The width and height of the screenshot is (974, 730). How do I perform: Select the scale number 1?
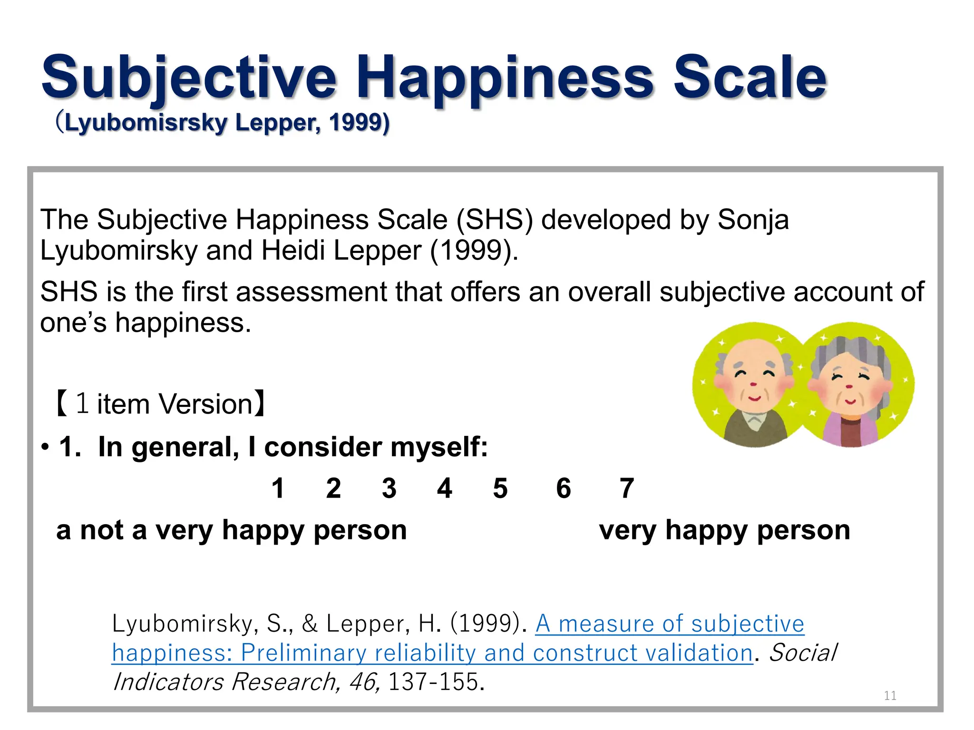(278, 488)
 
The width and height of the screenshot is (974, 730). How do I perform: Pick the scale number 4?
(445, 488)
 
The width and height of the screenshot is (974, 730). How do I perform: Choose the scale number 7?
(627, 488)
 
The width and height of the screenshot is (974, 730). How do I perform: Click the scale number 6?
(564, 488)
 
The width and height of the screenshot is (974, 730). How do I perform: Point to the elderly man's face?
(754, 380)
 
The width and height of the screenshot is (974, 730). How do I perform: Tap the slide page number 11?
(890, 696)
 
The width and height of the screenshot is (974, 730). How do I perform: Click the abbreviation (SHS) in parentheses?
(494, 220)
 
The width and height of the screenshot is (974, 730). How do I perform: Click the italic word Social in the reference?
(802, 653)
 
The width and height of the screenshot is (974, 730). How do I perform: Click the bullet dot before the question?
(45, 448)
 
